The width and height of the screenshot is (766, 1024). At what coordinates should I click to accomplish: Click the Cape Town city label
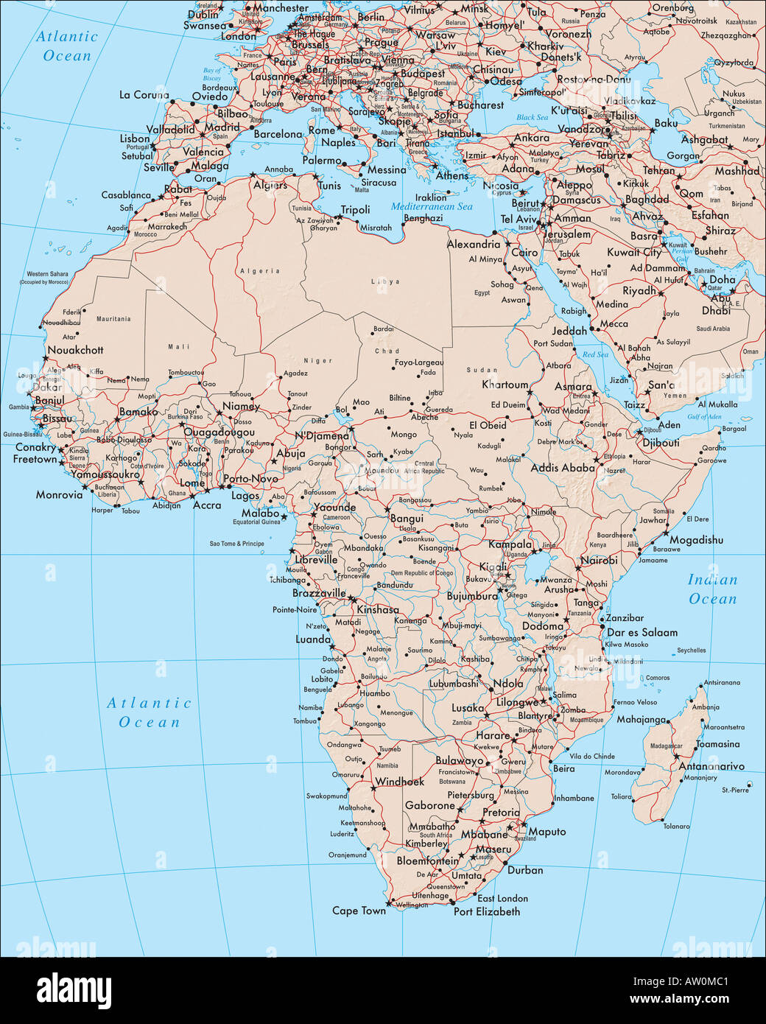click(x=359, y=911)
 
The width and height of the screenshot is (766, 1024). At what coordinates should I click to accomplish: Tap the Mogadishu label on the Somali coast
click(x=696, y=540)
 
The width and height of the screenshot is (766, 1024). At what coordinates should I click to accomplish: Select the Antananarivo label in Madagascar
click(x=711, y=766)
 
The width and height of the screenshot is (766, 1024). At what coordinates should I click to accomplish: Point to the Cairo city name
click(x=524, y=252)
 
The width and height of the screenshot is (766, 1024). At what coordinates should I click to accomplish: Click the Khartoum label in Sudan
click(x=505, y=385)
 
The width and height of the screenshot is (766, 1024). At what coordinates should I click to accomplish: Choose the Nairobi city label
click(x=599, y=561)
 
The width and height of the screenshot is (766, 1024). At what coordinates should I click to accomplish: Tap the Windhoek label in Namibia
click(x=400, y=782)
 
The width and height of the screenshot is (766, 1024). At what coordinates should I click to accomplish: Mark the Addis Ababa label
click(x=563, y=468)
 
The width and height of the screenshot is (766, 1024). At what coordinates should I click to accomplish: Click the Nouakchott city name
click(x=75, y=350)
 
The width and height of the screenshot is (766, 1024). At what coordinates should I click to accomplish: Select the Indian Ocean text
click(x=712, y=589)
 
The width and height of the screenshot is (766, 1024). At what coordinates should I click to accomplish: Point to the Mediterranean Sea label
click(x=432, y=207)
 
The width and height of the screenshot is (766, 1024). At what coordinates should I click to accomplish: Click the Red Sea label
click(x=595, y=355)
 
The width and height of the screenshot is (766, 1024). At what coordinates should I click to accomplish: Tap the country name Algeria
click(x=259, y=271)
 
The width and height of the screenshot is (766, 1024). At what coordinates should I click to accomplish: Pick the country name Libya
click(x=386, y=281)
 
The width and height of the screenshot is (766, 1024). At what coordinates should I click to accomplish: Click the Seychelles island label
click(x=691, y=650)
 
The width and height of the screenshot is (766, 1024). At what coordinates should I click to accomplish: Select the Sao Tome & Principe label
click(x=236, y=544)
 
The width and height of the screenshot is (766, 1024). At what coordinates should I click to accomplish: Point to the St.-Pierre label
click(x=735, y=790)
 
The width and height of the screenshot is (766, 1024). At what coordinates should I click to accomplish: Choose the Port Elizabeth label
click(x=486, y=911)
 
